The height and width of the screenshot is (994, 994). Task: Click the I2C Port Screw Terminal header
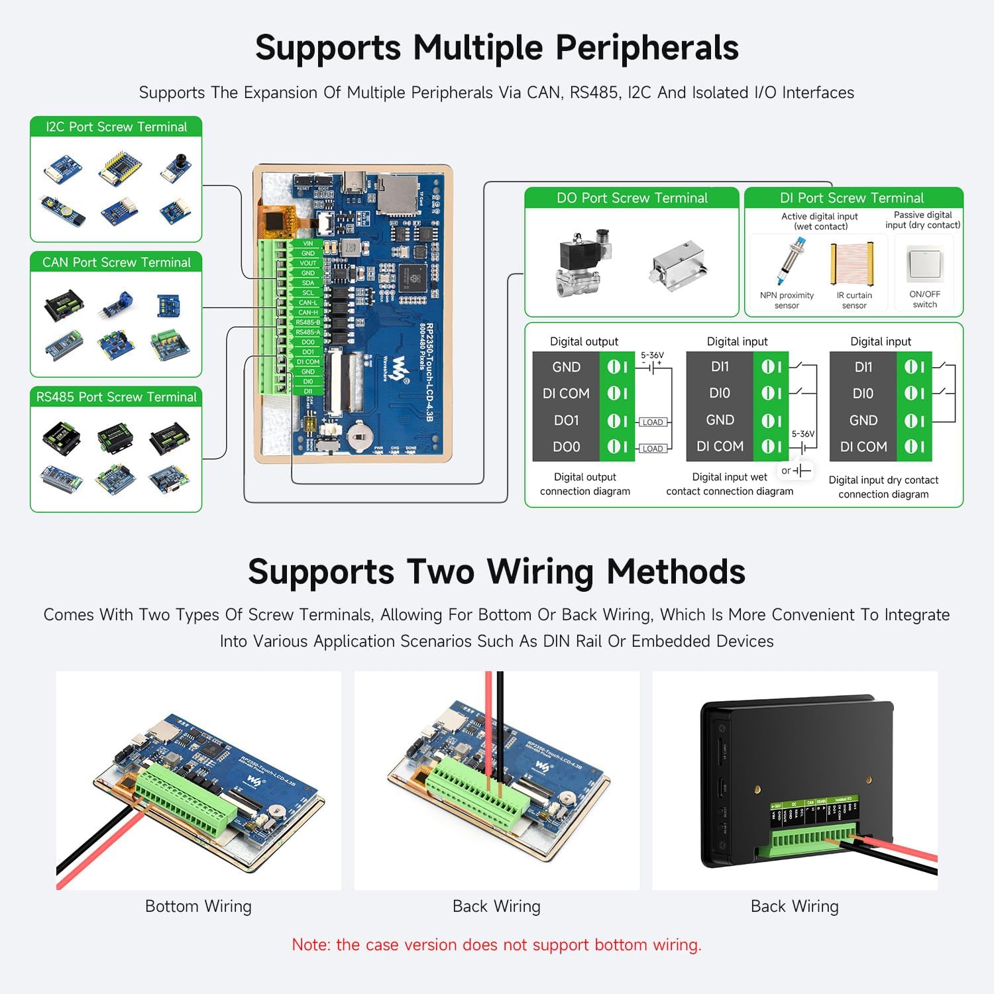[116, 127]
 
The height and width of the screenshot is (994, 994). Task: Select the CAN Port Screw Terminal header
[116, 262]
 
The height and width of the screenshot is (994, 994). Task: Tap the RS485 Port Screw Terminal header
[116, 397]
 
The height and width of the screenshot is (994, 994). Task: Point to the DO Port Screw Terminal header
[632, 198]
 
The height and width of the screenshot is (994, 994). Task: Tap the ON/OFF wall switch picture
[924, 264]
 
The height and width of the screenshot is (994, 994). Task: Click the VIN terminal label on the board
[308, 243]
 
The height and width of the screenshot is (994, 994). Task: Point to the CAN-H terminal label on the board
[308, 312]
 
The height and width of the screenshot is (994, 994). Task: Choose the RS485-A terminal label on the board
[308, 332]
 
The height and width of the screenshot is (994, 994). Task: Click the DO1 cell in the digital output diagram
[567, 421]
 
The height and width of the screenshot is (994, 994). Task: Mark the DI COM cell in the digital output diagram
[566, 394]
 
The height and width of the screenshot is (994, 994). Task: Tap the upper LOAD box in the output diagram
[652, 422]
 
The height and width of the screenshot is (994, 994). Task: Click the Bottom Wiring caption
[198, 907]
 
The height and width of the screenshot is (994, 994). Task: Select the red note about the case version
[496, 945]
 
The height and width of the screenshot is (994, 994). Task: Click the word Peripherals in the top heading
[647, 48]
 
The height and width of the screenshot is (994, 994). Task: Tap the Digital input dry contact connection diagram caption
[883, 487]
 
